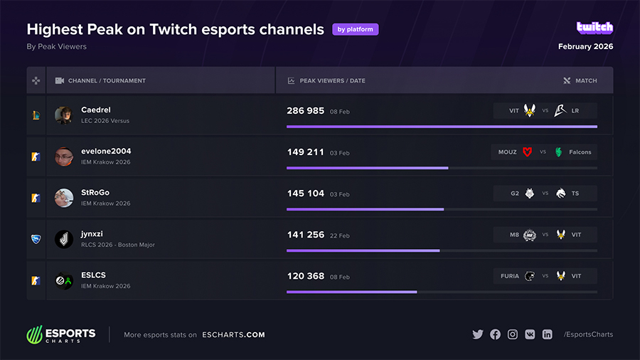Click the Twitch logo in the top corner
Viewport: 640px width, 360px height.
(x=594, y=28)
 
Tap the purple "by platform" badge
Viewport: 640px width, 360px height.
(x=355, y=30)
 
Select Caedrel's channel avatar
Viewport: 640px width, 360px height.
(x=64, y=115)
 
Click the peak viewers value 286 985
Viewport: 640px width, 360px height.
(x=306, y=111)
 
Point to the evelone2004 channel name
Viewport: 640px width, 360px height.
(x=106, y=151)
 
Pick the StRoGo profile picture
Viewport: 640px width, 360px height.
(x=64, y=198)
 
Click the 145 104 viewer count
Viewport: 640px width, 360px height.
(x=306, y=194)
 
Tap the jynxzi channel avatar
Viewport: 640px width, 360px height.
(x=64, y=239)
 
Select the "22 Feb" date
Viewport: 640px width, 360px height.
(x=340, y=235)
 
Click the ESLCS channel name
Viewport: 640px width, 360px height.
(x=94, y=275)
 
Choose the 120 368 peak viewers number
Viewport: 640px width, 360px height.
(x=306, y=276)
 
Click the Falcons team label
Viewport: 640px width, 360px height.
(x=580, y=152)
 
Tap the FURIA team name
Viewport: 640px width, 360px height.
(x=510, y=276)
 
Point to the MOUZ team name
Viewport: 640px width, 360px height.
(x=508, y=152)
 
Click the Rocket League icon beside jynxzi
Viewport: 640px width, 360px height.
(x=36, y=239)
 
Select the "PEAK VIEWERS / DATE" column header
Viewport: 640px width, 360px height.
(x=332, y=81)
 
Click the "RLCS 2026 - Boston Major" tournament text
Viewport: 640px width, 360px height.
(x=118, y=245)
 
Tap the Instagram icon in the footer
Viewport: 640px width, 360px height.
(x=513, y=334)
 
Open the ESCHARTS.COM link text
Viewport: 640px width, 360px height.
(x=233, y=335)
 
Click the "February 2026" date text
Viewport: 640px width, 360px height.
(x=585, y=47)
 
